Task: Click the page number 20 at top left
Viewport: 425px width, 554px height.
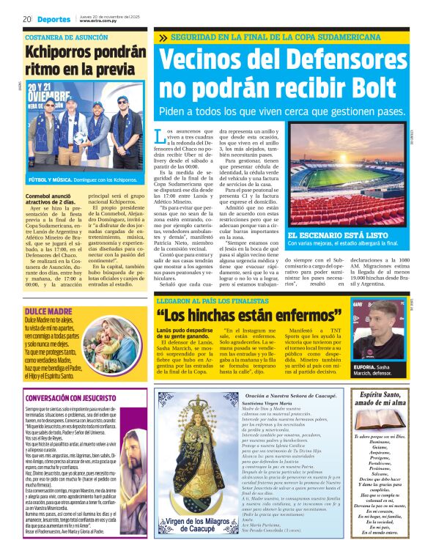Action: (26, 20)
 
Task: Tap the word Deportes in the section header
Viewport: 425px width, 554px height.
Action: (55, 20)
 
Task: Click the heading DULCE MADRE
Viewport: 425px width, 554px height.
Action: (48, 291)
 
